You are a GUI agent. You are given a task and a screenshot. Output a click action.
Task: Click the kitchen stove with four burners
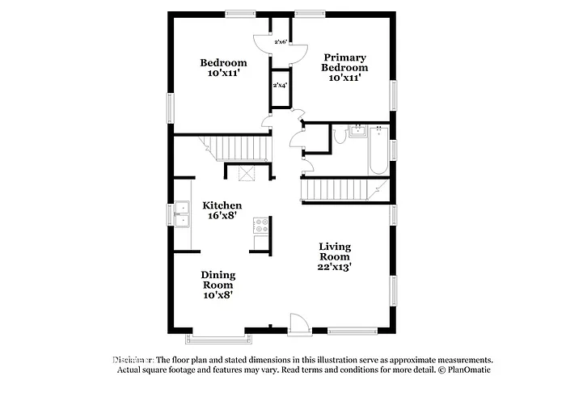coord(261,226)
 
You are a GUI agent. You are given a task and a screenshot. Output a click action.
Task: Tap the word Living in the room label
coord(334,246)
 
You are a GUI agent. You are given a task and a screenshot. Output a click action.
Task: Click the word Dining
coord(218,274)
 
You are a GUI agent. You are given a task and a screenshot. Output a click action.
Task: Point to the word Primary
coord(345,57)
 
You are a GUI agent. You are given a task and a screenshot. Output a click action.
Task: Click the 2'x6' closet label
coord(281,41)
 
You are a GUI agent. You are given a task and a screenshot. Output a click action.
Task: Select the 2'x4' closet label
coord(281,84)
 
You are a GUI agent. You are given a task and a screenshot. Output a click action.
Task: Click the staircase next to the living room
coord(340,190)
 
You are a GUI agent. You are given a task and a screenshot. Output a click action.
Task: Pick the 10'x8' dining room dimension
coord(218,295)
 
